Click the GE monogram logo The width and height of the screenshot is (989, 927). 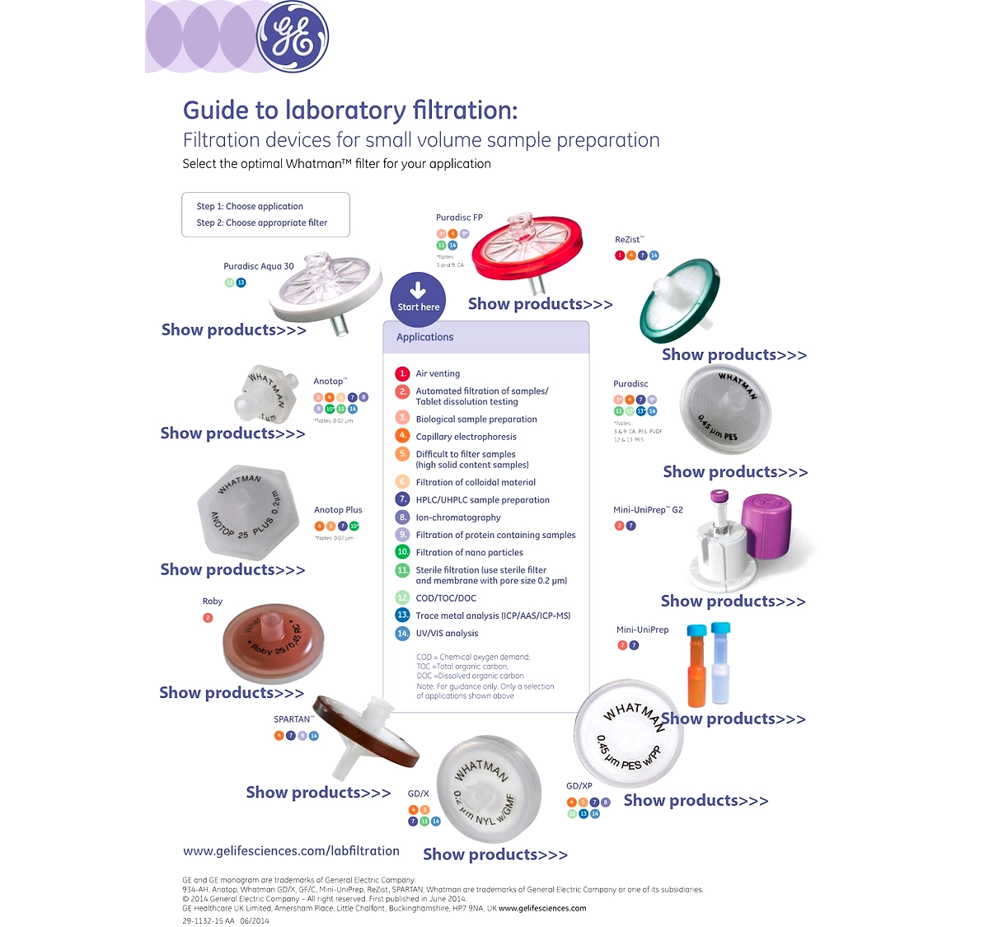(x=292, y=37)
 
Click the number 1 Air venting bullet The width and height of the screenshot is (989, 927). (x=402, y=373)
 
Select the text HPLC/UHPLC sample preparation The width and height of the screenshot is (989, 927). (x=482, y=500)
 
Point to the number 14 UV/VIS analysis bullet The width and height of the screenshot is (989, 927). (x=402, y=634)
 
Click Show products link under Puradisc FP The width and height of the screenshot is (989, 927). (x=540, y=304)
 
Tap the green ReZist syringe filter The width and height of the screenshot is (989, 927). (x=680, y=301)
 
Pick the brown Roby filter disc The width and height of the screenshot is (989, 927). (x=272, y=643)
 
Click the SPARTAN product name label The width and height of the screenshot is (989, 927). (x=293, y=719)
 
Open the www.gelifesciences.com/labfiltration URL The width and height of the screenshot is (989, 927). (x=291, y=851)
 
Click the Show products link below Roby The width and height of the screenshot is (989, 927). (x=232, y=693)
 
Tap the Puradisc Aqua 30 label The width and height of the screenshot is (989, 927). (x=258, y=266)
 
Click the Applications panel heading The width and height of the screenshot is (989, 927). (x=424, y=337)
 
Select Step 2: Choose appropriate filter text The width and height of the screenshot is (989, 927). (x=261, y=222)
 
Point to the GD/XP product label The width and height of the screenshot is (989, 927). (x=579, y=786)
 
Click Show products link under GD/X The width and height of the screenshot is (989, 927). (x=495, y=854)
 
